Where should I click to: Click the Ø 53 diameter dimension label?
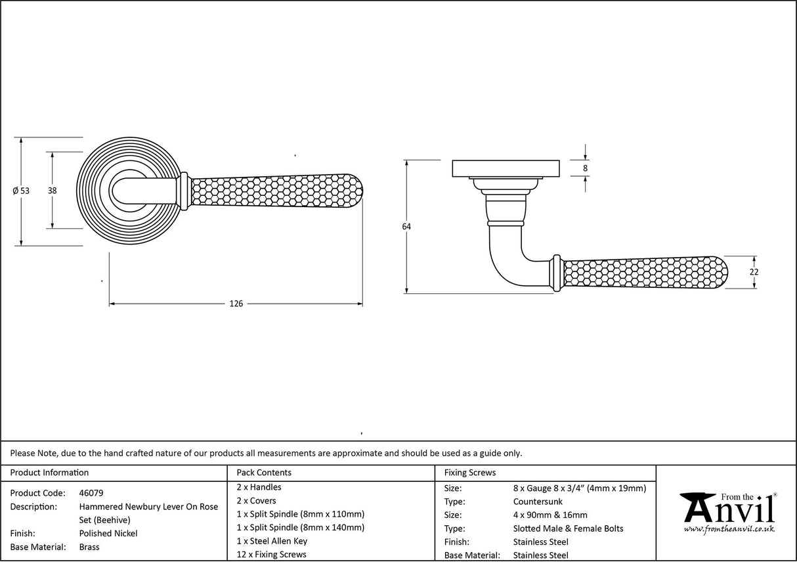click(22, 191)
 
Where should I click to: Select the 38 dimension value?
click(53, 191)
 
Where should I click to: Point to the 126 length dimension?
click(236, 304)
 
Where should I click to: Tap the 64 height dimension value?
click(406, 227)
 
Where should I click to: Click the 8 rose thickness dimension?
click(585, 168)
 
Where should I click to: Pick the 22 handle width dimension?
click(754, 272)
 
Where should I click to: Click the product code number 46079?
click(91, 493)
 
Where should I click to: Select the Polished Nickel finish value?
click(108, 534)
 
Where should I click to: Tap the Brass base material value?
click(89, 547)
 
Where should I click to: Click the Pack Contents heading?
click(264, 473)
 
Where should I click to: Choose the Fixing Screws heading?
click(470, 473)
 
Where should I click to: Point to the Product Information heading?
click(50, 473)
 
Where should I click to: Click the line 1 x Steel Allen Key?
click(272, 541)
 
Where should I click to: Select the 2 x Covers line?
click(257, 501)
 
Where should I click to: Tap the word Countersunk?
click(538, 502)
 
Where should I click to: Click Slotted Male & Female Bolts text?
click(569, 528)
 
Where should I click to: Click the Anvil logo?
click(727, 509)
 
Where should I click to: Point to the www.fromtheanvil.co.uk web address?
click(729, 529)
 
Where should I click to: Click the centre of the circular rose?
click(121, 191)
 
